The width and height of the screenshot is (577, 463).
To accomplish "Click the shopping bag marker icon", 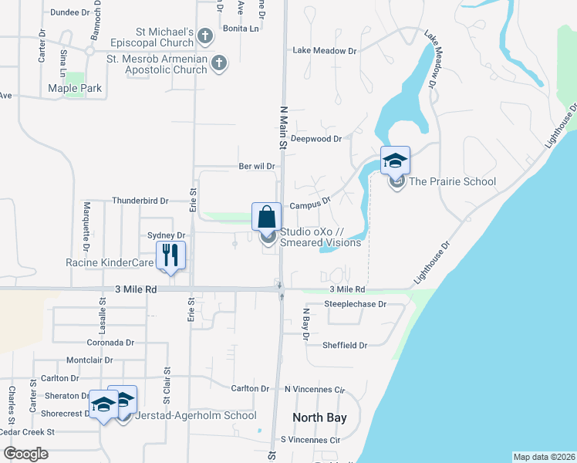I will coord(267,215).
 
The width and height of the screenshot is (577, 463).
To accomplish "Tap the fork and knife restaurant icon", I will coord(169,255).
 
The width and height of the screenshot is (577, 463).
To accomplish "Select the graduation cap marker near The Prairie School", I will coord(395,161).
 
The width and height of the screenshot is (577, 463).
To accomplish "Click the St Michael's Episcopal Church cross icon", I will coord(205,35).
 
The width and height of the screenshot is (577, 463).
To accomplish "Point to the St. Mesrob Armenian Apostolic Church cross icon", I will coord(219,63).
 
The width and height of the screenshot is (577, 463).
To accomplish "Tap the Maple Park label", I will coord(75,89).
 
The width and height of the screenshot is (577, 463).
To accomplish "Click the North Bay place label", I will coord(319,417).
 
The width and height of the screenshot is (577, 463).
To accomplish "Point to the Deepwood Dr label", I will coord(315,139).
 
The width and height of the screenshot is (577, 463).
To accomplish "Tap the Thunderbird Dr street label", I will coord(140,201).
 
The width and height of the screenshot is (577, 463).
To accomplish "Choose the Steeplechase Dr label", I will coord(355,304).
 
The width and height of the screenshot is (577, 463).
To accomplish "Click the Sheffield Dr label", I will coord(345,346).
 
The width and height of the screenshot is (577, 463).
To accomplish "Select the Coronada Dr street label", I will coord(110,342).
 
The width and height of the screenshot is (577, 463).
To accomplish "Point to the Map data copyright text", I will coord(544,456).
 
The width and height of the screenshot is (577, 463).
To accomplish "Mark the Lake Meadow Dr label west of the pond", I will coord(324,51).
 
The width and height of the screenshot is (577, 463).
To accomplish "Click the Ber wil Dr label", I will coord(257,166).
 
